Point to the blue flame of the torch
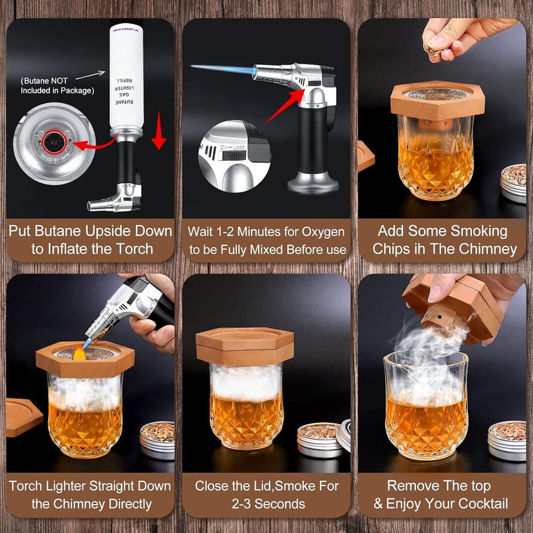[x=222, y=70]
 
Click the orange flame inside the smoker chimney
[x=79, y=352]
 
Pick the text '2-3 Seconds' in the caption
[x=266, y=503]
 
